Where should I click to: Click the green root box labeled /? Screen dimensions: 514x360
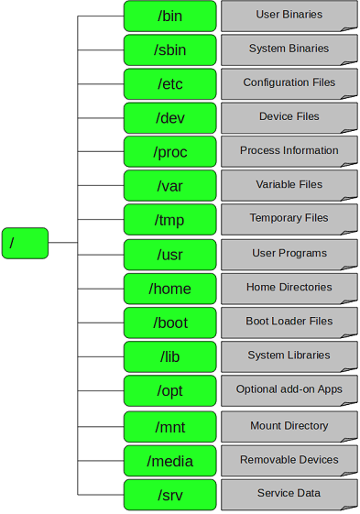point(25,243)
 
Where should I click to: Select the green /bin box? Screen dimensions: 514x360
point(169,16)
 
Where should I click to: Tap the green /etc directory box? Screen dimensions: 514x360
point(169,84)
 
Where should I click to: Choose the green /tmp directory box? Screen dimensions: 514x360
point(169,220)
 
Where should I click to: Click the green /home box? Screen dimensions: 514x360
point(169,289)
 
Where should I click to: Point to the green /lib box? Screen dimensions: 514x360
point(169,356)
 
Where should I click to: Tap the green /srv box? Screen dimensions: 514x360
point(169,495)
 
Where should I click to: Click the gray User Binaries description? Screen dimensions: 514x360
point(289,16)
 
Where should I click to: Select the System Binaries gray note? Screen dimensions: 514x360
point(289,49)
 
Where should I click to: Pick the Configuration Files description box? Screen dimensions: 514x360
point(289,83)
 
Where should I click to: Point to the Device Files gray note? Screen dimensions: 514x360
point(289,117)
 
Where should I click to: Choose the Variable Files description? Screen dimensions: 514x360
point(289,185)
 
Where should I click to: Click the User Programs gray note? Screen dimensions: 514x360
point(289,254)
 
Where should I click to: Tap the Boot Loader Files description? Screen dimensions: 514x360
point(289,323)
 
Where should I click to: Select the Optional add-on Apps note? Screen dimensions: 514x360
point(289,390)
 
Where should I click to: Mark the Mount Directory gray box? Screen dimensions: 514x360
point(289,427)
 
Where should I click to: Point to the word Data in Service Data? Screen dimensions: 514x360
point(309,494)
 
